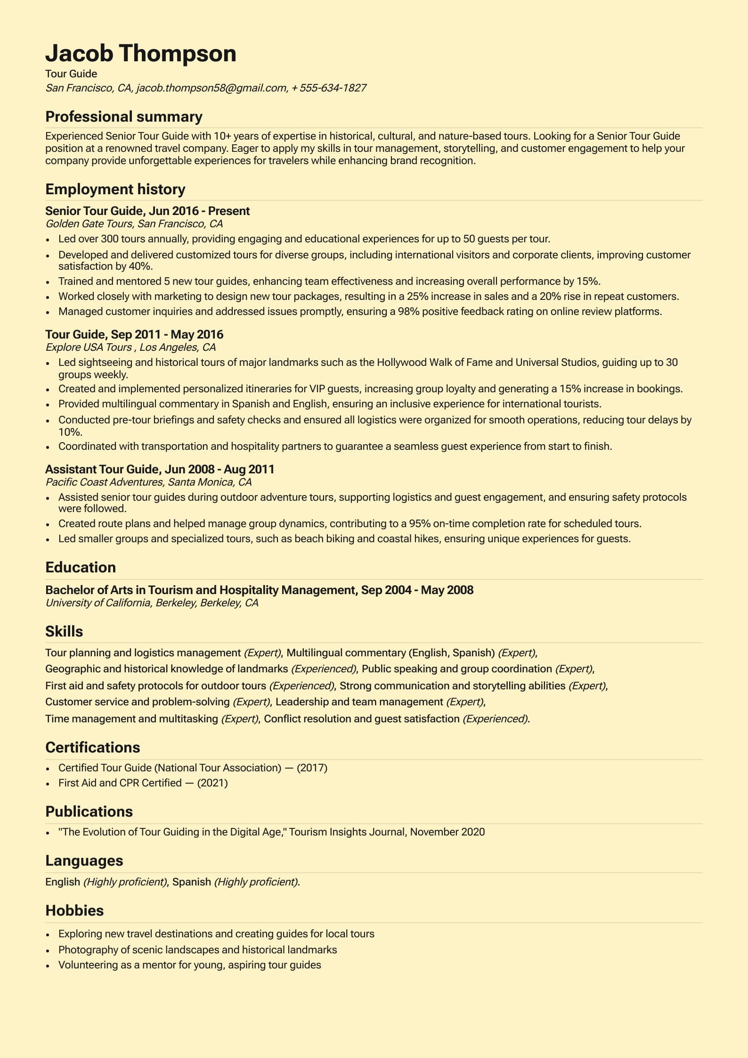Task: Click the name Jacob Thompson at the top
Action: click(140, 53)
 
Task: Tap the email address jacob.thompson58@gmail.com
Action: click(211, 88)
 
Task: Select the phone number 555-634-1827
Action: click(333, 88)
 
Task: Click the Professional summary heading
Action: click(123, 116)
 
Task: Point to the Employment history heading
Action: click(115, 189)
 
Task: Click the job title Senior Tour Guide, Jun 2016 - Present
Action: click(147, 211)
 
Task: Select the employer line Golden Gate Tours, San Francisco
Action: click(134, 223)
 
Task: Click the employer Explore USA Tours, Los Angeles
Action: click(130, 347)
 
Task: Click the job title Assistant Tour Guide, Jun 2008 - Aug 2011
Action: click(159, 469)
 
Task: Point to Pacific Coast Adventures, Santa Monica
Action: click(148, 482)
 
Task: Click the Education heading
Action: click(81, 567)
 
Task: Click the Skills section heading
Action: click(64, 631)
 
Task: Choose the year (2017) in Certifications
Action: click(312, 768)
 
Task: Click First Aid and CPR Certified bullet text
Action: click(120, 783)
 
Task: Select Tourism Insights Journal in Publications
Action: click(347, 832)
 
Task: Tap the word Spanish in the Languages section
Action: click(191, 882)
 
